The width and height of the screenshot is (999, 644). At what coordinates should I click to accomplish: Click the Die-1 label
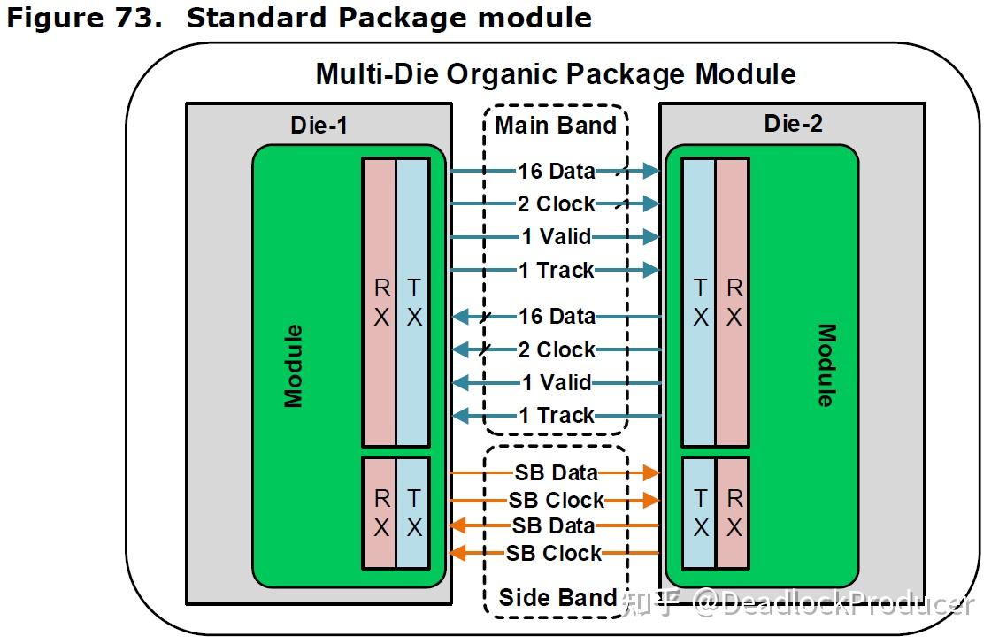pyautogui.click(x=319, y=126)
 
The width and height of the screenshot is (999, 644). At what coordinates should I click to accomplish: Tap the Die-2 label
pyautogui.click(x=793, y=124)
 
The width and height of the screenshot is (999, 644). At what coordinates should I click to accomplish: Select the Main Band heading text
pyautogui.click(x=555, y=125)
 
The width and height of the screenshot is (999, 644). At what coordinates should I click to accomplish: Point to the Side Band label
pyautogui.click(x=557, y=597)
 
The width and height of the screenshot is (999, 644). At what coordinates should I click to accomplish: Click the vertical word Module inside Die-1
pyautogui.click(x=293, y=366)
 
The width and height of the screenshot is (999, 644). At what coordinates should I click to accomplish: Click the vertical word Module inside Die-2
pyautogui.click(x=825, y=365)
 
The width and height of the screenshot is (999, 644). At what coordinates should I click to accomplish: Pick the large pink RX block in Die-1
pyautogui.click(x=380, y=302)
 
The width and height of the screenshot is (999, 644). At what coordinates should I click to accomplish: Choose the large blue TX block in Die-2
pyautogui.click(x=699, y=302)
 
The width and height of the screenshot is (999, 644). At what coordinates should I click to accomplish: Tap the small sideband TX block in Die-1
pyautogui.click(x=413, y=513)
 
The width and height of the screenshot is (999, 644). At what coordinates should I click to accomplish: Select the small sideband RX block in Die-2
pyautogui.click(x=734, y=513)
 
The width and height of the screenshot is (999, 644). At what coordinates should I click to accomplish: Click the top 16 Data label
pyautogui.click(x=557, y=171)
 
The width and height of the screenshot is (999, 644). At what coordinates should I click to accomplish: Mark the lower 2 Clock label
pyautogui.click(x=557, y=349)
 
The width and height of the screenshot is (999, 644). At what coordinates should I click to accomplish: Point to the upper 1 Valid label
pyautogui.click(x=557, y=237)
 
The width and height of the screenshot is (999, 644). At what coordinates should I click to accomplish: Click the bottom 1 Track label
pyautogui.click(x=557, y=415)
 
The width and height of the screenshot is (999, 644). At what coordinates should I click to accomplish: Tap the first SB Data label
pyautogui.click(x=556, y=473)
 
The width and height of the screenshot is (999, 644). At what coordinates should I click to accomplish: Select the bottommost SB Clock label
pyautogui.click(x=554, y=553)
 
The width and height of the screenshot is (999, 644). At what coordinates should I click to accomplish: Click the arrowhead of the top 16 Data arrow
pyautogui.click(x=653, y=171)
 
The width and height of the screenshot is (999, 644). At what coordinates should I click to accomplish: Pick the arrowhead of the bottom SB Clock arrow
pyautogui.click(x=457, y=554)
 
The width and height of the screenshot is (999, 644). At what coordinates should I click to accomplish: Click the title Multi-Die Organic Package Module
pyautogui.click(x=555, y=73)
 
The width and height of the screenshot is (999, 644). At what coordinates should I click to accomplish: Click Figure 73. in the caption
pyautogui.click(x=86, y=17)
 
